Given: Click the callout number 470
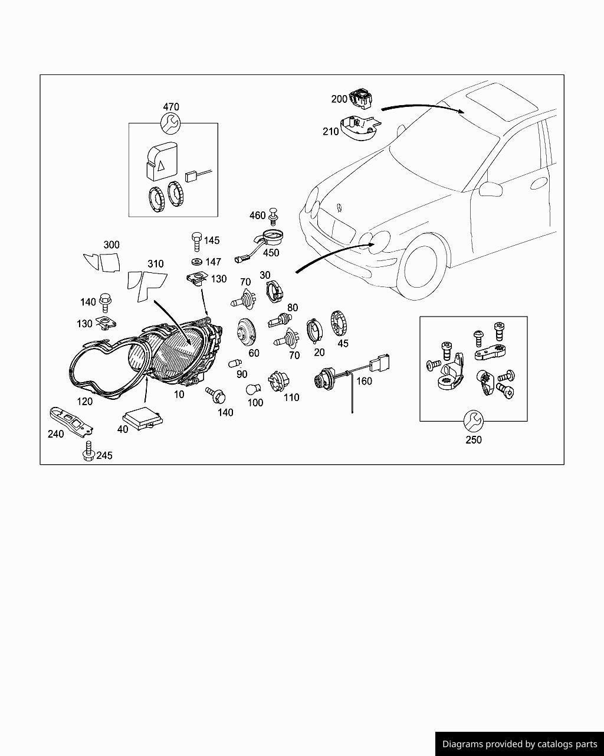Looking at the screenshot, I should tap(170, 107).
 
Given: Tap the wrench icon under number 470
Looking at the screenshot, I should tap(170, 123).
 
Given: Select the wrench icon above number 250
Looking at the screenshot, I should tap(473, 421).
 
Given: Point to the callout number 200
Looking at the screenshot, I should tap(339, 99).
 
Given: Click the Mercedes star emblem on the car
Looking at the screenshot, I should tap(340, 207).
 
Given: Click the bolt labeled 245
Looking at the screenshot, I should tap(88, 451).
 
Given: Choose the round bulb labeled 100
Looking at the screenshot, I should tap(253, 390).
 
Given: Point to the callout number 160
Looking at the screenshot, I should tap(364, 381).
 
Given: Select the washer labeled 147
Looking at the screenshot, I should tap(196, 262).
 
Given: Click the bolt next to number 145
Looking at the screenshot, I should tap(196, 242).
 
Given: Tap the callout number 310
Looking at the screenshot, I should tap(155, 263).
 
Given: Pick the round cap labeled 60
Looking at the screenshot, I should tap(244, 332).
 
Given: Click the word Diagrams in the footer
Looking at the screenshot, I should tap(462, 744).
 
